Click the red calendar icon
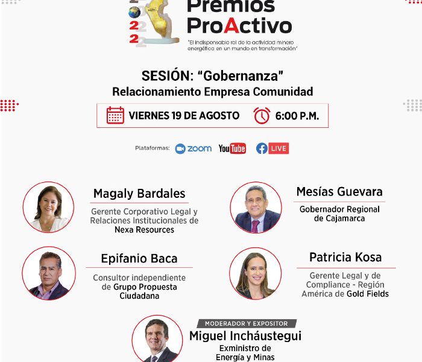[x=115, y=115]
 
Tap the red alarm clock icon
[x=262, y=116]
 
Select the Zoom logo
[x=194, y=148]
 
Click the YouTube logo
[x=232, y=148]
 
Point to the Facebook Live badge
[x=272, y=148]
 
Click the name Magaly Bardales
[x=139, y=194]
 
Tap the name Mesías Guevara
[x=339, y=192]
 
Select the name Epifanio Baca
[x=139, y=259]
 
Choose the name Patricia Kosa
[x=345, y=257]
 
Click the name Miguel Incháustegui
[x=245, y=336]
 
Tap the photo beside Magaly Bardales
[x=48, y=207]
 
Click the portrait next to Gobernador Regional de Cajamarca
[x=256, y=208]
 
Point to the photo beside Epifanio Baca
[x=49, y=273]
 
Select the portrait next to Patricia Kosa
[x=256, y=274]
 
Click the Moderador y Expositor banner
[x=246, y=323]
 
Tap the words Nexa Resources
[x=144, y=230]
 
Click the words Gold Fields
[x=368, y=294]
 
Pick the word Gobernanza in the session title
[x=241, y=76]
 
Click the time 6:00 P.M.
[x=297, y=116]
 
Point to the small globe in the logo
[x=134, y=13]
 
